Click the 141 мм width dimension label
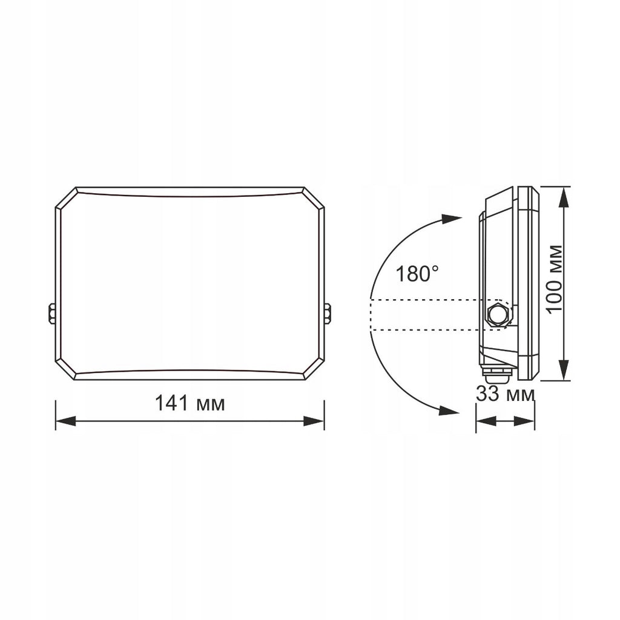[x=190, y=404]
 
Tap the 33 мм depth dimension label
[x=506, y=394]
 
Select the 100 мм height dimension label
[x=555, y=279]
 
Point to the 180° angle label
[x=417, y=274]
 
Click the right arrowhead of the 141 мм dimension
[x=314, y=421]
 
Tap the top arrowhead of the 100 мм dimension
[x=564, y=197]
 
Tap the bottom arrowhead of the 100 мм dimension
[x=564, y=371]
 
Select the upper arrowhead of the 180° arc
[x=451, y=219]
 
